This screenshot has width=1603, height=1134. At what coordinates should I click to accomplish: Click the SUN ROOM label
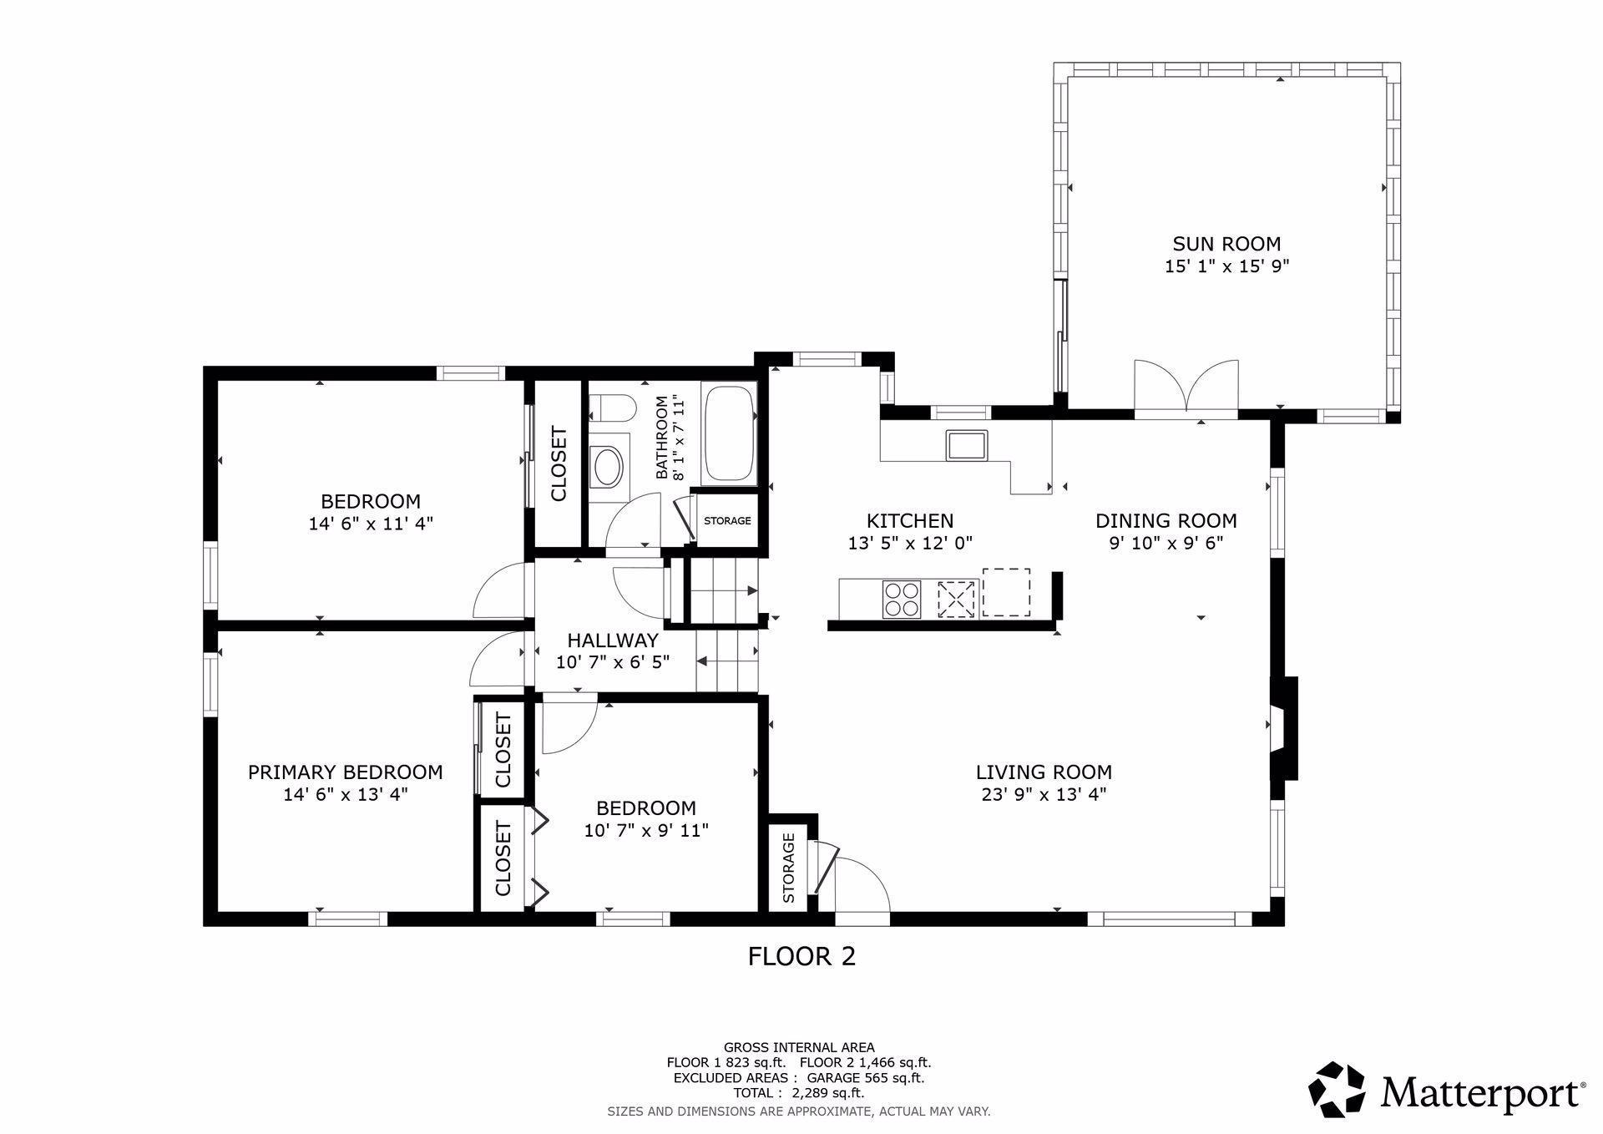1226,244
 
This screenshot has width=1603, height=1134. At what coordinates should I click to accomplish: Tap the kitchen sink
967,444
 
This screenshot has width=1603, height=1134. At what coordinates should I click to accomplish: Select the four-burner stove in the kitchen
902,598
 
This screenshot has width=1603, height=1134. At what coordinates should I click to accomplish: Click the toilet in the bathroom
611,408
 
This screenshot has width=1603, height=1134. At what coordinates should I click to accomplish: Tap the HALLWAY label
613,640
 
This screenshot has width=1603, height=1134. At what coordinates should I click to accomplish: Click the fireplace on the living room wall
1284,728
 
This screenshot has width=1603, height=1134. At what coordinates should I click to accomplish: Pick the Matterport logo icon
1337,1089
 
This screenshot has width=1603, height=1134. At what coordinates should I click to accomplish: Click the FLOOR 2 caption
801,956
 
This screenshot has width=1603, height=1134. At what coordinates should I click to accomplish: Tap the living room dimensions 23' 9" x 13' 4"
1044,794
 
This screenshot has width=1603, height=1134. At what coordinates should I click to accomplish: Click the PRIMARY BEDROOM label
345,772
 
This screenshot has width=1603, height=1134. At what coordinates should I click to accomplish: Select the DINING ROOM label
1166,521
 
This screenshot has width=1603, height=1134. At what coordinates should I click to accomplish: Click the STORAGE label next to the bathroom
727,521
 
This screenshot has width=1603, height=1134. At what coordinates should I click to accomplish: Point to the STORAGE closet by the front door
788,868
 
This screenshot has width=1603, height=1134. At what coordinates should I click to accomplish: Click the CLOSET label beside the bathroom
559,464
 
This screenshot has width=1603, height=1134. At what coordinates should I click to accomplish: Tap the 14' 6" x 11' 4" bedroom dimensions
371,524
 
